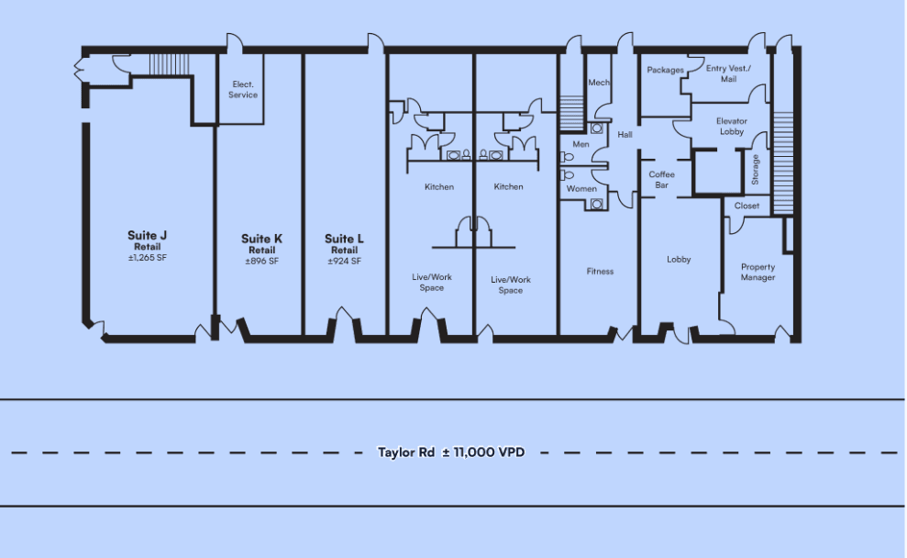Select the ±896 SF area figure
[x=261, y=261]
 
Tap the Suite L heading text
[x=344, y=239]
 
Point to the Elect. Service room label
[x=243, y=90]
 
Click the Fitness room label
[x=600, y=271]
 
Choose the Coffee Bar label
[x=662, y=180]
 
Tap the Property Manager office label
[x=758, y=272]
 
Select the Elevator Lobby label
[x=732, y=126]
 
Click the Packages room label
[x=665, y=70]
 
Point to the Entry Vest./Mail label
[x=728, y=73]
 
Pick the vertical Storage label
[x=755, y=170]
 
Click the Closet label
[x=747, y=206]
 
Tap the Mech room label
[x=599, y=83]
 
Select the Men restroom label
[x=581, y=144]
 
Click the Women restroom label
[x=581, y=189]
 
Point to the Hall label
[x=625, y=134]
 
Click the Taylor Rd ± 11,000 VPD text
[x=451, y=452]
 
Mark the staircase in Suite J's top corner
[x=170, y=64]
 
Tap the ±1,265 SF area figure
[x=148, y=258]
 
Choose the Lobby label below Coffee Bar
[x=679, y=260]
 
